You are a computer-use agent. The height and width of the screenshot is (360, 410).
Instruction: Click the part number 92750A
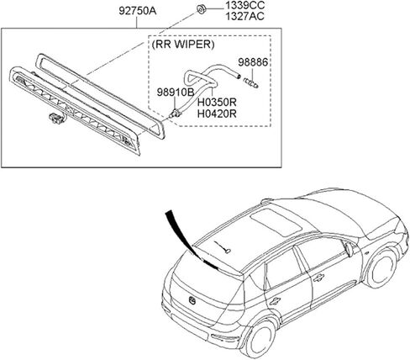click(x=138, y=11)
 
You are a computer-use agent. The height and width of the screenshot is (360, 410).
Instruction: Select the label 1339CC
click(x=245, y=5)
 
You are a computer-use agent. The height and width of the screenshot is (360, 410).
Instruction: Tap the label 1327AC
click(x=245, y=17)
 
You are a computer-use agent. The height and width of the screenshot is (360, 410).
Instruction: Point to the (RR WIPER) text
click(x=183, y=45)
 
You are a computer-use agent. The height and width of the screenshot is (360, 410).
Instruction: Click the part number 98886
click(x=253, y=62)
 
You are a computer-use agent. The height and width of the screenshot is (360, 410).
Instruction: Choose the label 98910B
click(x=176, y=92)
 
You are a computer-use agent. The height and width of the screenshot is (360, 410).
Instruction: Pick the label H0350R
click(x=217, y=103)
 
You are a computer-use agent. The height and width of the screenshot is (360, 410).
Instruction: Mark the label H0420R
click(x=217, y=114)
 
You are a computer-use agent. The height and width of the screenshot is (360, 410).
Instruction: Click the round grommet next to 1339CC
click(x=201, y=9)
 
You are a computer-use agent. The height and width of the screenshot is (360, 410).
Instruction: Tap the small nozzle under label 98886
click(x=251, y=82)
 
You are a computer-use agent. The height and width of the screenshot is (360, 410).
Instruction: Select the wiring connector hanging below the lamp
click(x=55, y=118)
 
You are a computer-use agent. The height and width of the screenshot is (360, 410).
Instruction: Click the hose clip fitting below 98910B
click(x=176, y=113)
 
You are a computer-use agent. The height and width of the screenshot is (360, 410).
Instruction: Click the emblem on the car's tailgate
click(x=192, y=300)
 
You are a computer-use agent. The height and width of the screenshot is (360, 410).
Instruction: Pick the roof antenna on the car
click(x=223, y=247)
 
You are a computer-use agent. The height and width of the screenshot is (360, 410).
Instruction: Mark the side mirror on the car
click(x=349, y=249)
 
